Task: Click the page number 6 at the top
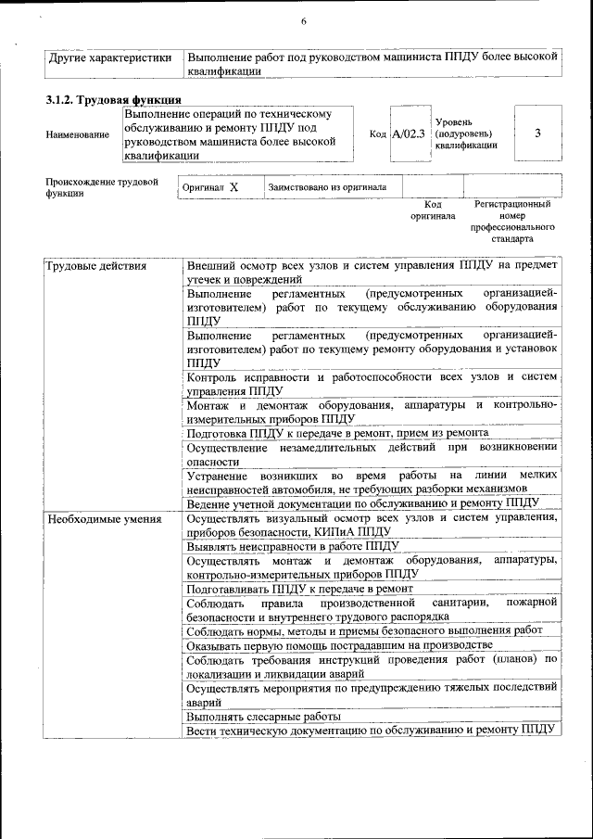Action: [x=303, y=21]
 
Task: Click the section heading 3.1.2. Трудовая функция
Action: [x=113, y=100]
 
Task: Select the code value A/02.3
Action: [x=408, y=133]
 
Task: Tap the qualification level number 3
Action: [x=538, y=133]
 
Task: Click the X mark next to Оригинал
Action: [x=234, y=186]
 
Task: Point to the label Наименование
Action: [x=77, y=134]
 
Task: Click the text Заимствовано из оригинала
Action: [x=327, y=186]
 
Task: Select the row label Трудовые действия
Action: [x=96, y=267]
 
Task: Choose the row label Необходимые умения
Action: [x=103, y=518]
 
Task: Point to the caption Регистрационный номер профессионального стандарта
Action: [x=512, y=221]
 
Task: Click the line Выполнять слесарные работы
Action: [x=263, y=717]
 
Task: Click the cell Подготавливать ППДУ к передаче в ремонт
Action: [x=299, y=589]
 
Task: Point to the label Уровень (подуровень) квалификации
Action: [x=466, y=133]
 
